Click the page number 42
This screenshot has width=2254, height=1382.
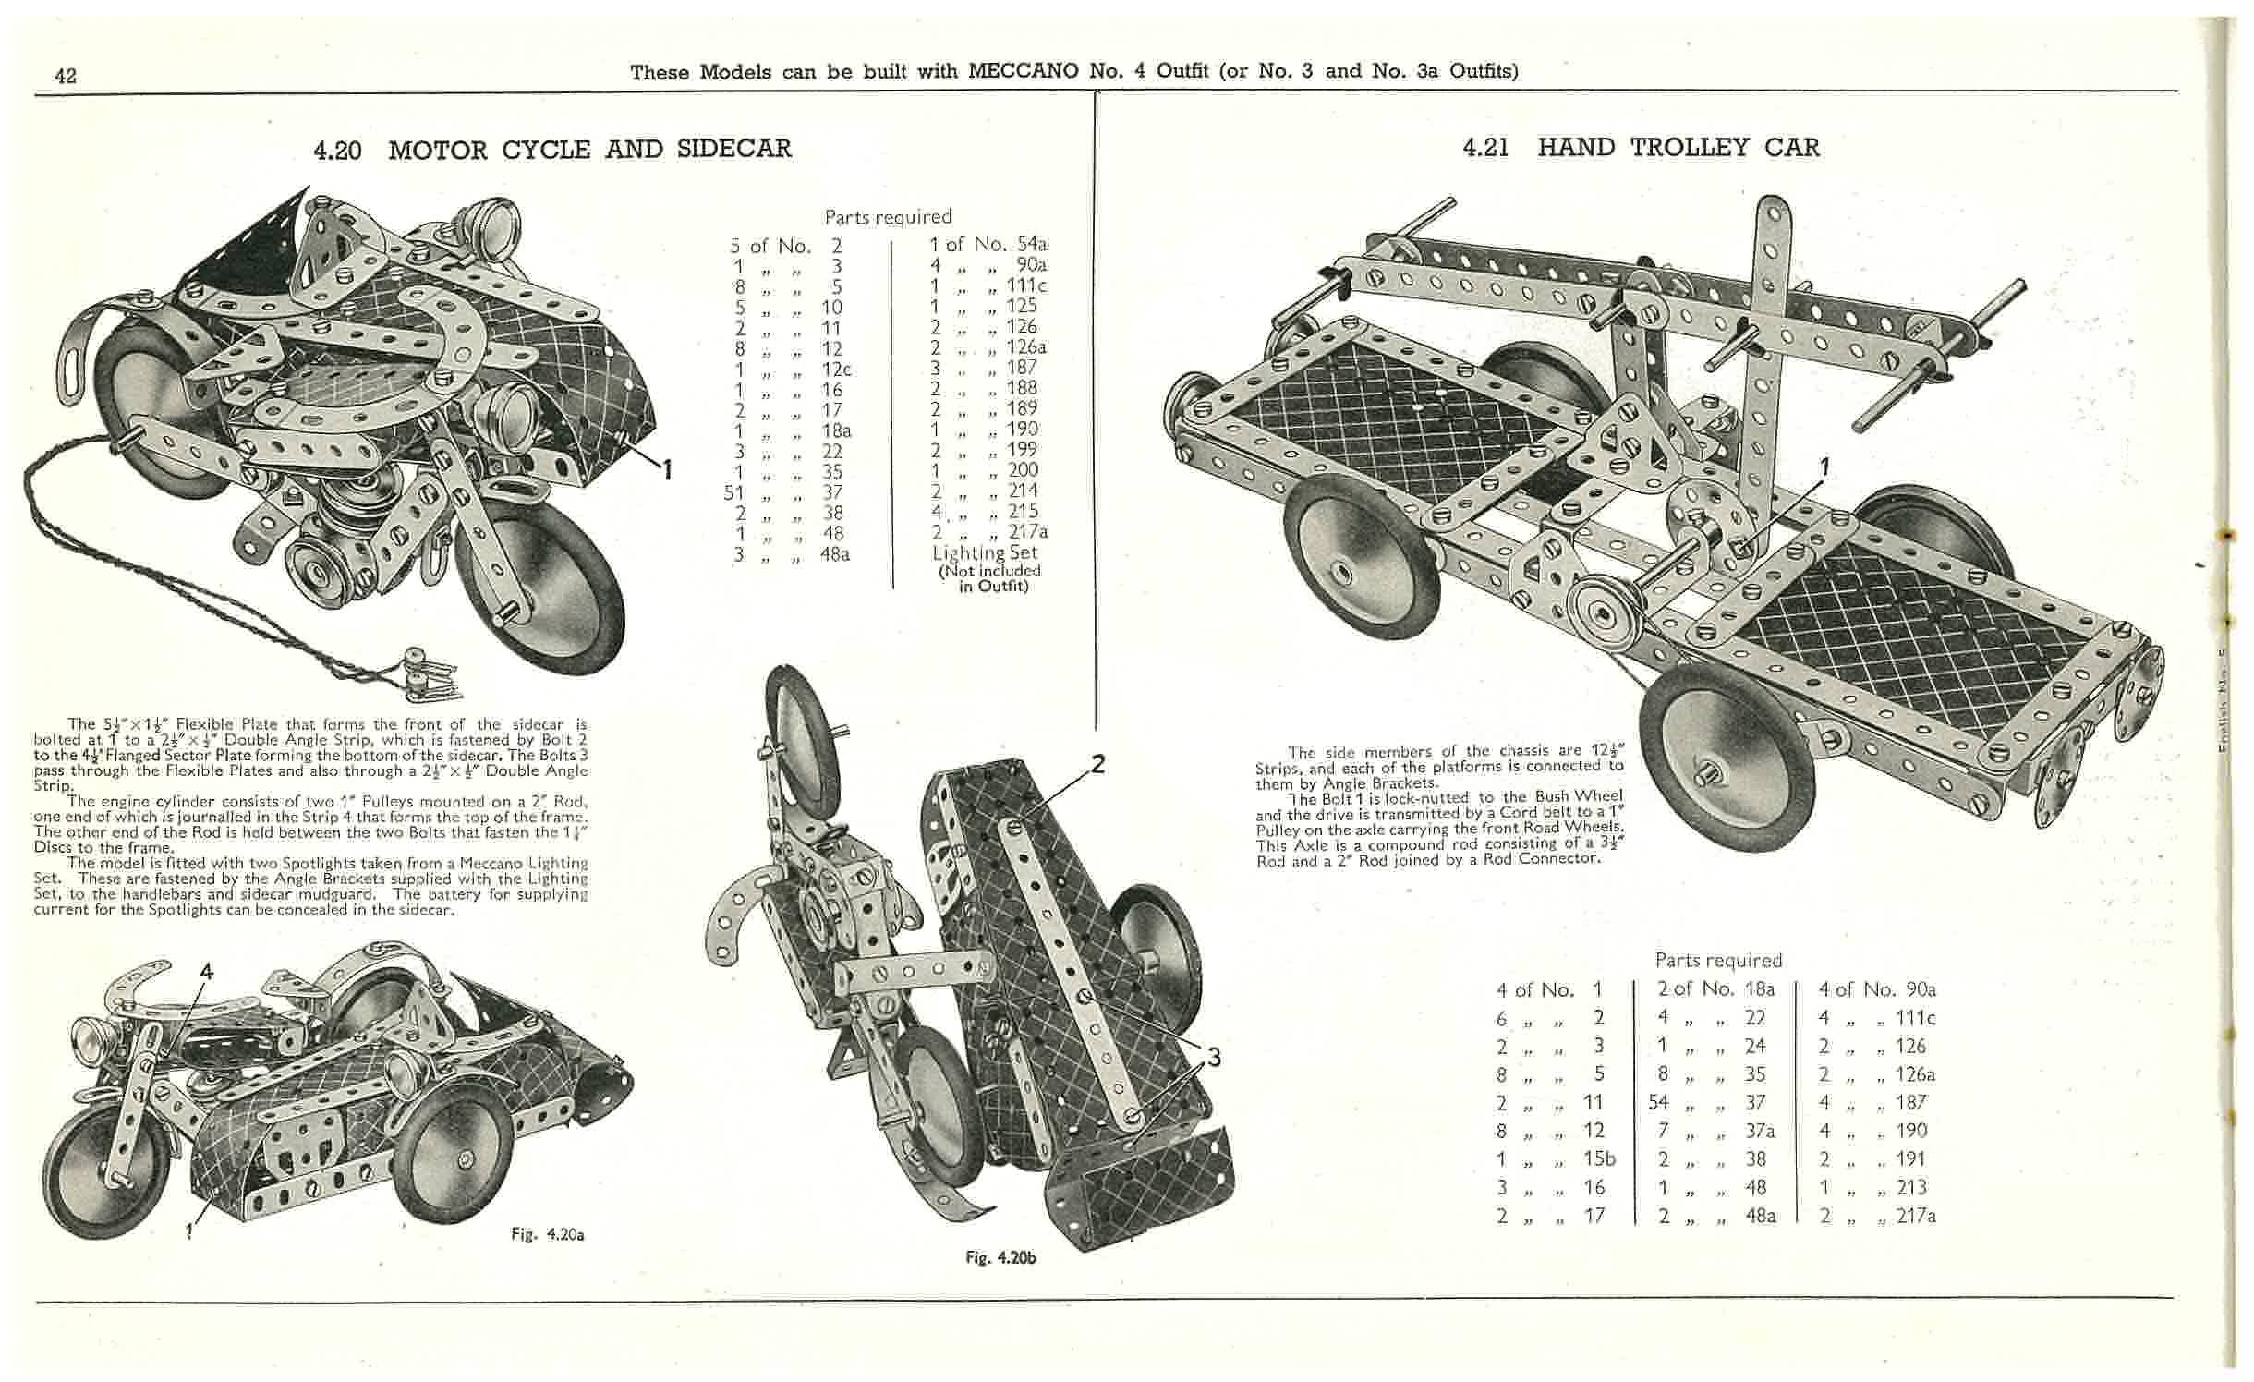tap(66, 76)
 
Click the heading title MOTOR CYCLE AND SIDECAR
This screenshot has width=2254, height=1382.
tap(589, 150)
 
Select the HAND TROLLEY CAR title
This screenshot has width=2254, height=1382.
tap(1678, 148)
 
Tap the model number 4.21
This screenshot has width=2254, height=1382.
tap(1486, 148)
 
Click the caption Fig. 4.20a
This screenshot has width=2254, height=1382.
tap(548, 1234)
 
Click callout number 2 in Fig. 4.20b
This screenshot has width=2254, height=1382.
tap(1097, 763)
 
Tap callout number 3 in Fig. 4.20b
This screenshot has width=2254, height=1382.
tap(1214, 1057)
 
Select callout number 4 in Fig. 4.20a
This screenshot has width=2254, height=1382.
tap(206, 971)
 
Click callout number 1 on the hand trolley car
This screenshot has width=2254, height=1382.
tap(1824, 468)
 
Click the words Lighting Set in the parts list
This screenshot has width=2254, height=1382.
tap(985, 552)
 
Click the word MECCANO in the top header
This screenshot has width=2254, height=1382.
tap(1024, 71)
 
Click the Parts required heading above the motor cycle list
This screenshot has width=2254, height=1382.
tap(888, 217)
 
